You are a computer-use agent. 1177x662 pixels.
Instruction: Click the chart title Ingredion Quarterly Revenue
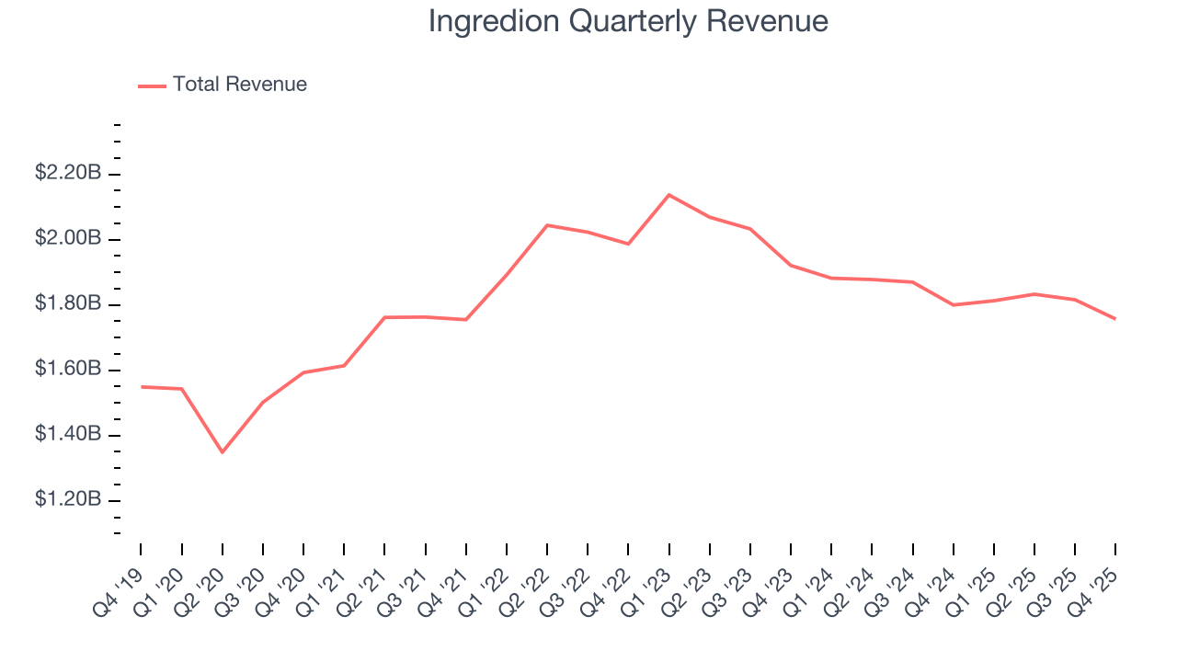628,22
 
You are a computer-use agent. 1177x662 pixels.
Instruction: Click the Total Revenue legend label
239,85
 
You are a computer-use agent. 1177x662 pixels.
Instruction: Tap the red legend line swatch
152,86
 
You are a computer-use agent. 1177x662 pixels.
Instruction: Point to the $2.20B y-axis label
68,173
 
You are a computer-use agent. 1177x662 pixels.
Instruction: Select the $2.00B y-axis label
68,238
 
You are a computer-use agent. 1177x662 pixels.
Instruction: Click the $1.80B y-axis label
68,303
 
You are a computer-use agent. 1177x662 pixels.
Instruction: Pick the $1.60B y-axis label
68,369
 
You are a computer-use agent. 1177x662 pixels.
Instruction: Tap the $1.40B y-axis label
68,434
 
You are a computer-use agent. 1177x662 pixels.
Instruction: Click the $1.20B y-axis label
68,499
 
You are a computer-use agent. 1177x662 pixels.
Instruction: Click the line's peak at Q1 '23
668,195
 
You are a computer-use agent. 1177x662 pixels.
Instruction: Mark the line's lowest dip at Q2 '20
222,452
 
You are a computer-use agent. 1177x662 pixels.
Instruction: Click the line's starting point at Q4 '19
141,387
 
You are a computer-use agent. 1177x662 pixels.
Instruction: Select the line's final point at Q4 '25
1115,319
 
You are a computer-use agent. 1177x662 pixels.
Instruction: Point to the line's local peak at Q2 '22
547,225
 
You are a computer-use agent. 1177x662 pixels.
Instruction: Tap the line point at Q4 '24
953,304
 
